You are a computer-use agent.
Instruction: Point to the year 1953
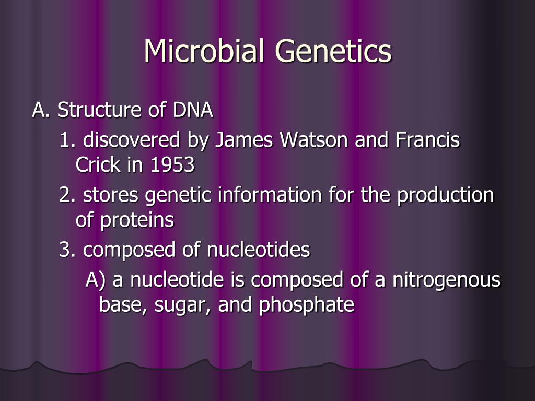[x=172, y=165]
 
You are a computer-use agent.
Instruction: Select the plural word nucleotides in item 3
[x=258, y=250]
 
